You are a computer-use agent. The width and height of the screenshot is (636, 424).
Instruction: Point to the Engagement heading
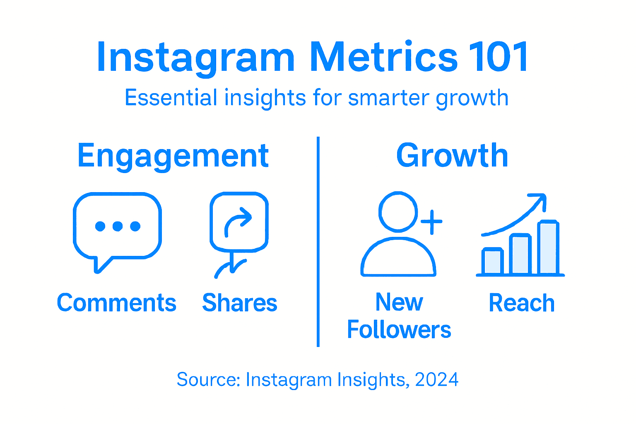click(173, 157)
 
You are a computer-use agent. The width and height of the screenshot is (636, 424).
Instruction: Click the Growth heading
click(452, 156)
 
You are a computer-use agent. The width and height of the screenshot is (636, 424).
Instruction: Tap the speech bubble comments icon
click(117, 228)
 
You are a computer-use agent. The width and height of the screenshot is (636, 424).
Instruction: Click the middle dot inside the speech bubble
click(118, 226)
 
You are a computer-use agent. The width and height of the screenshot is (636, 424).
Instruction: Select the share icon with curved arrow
click(239, 224)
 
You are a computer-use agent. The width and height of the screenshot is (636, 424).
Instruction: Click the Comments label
click(116, 303)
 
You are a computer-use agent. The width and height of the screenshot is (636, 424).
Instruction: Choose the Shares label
click(239, 303)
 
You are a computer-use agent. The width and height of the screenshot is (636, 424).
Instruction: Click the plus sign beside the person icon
click(431, 222)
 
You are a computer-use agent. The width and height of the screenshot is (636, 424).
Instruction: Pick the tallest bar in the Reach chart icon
click(548, 248)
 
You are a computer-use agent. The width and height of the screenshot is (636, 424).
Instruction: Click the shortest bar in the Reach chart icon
click(493, 261)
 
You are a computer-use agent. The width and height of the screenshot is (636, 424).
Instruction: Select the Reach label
click(521, 303)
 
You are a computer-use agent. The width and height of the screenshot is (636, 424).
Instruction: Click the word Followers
click(399, 330)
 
